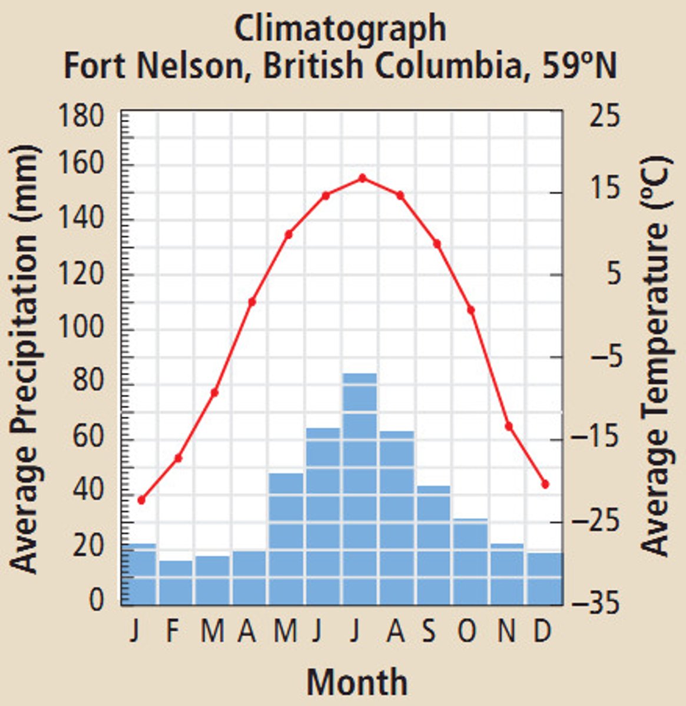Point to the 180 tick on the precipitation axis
pos(81,116)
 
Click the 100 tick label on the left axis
pos(81,329)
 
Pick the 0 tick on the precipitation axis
pos(96,600)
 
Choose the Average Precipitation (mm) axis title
pos(25,359)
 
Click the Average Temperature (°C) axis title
pos(655,356)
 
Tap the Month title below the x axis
pos(357,682)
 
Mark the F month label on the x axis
pos(173,632)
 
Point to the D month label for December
pos(542,632)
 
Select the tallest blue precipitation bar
pos(360,488)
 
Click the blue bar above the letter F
pos(176,582)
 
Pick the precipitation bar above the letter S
pos(433,545)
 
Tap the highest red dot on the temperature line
pos(362,178)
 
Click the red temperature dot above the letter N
pos(509,426)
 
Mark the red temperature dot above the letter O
pos(471,310)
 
